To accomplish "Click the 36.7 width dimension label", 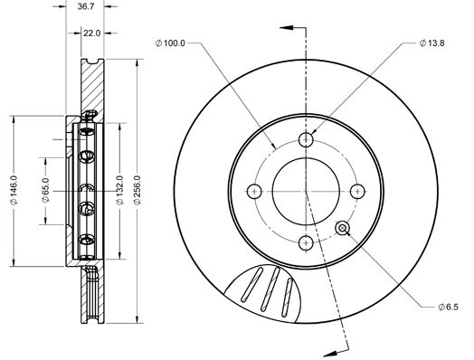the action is click(86, 6).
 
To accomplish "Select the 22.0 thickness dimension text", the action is click(92, 33).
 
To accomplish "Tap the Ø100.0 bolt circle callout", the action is click(170, 43).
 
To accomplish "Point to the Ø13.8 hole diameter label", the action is click(431, 43).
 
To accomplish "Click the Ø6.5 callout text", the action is click(448, 308).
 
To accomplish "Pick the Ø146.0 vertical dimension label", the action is click(14, 190).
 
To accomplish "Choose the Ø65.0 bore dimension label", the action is click(45, 190).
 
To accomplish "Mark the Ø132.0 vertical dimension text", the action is click(120, 190).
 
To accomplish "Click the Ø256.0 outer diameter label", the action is click(137, 190).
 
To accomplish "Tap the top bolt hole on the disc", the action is click(306, 139).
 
